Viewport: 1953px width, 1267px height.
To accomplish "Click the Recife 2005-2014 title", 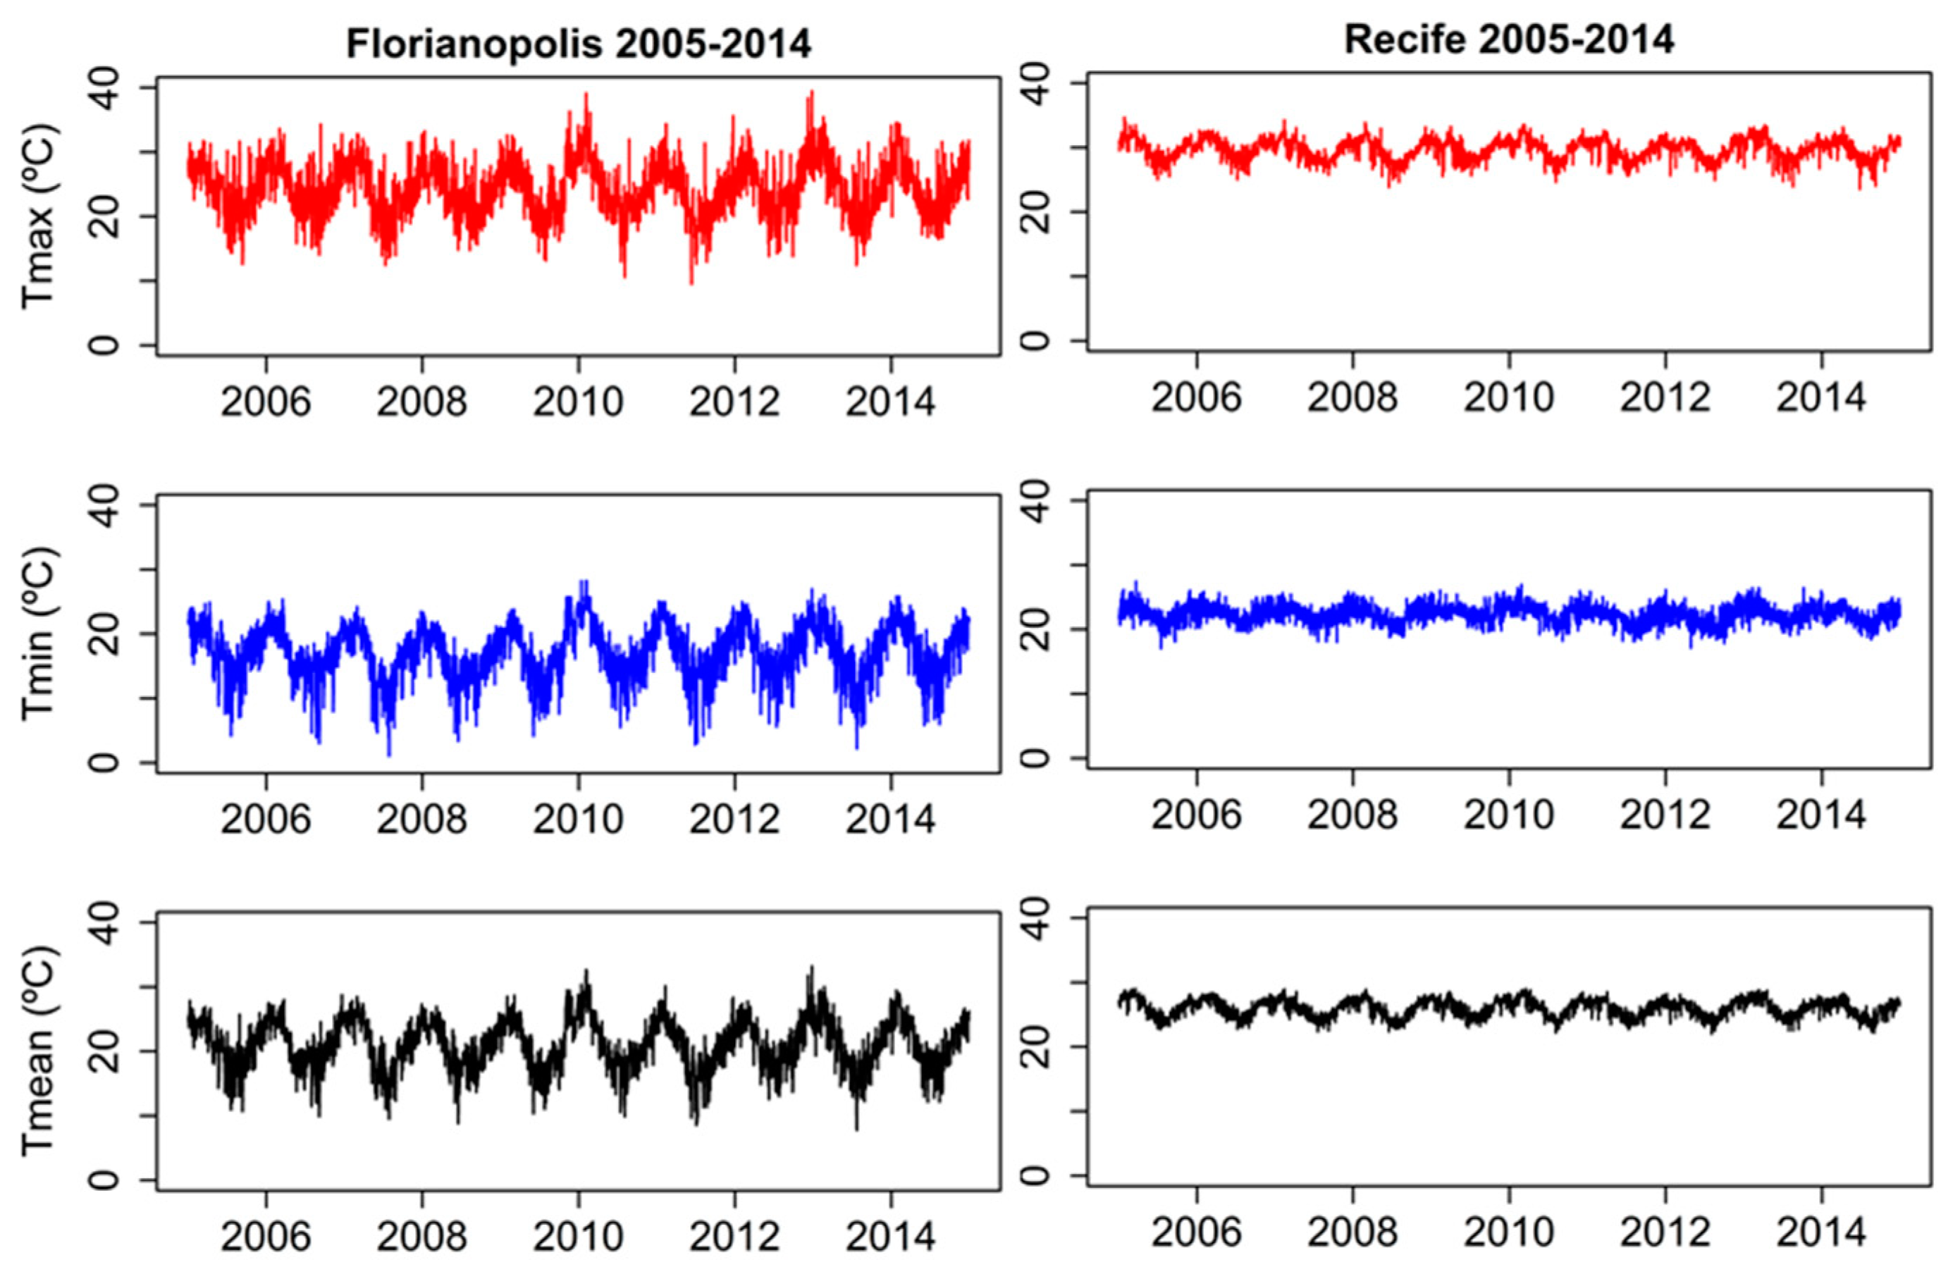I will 1508,39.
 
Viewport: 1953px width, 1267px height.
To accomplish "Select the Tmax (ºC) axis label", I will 39,216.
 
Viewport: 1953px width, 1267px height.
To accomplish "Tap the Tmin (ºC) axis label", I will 39,633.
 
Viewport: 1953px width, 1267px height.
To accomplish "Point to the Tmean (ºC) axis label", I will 39,1051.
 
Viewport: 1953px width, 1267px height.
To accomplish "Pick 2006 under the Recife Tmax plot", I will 1197,397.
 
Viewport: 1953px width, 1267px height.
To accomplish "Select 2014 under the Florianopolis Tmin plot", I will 890,818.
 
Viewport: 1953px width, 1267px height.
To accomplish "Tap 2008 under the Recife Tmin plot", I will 1353,813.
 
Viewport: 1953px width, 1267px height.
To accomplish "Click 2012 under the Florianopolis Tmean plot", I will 734,1235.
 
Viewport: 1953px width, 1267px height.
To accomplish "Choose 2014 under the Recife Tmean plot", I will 1821,1231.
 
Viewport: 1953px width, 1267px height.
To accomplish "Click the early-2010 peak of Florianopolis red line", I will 586,94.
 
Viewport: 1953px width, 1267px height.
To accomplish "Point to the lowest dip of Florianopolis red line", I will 691,283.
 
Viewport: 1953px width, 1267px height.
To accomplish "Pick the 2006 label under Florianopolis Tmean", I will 265,1235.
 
